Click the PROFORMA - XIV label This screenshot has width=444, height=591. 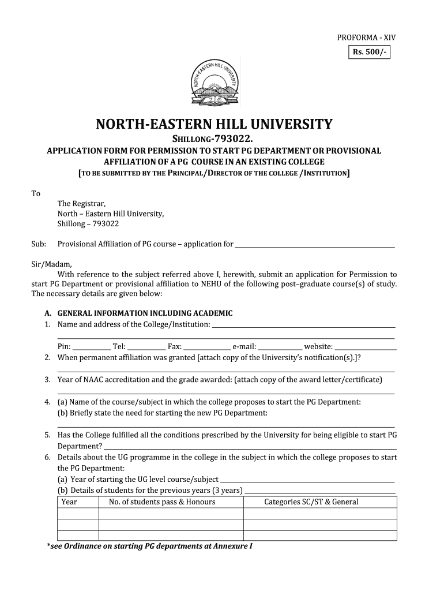click(x=366, y=38)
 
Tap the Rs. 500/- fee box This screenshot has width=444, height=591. click(x=367, y=54)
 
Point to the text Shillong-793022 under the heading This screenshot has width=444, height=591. click(x=214, y=139)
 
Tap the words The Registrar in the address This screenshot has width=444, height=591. click(x=81, y=203)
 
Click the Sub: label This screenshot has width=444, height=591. click(x=38, y=244)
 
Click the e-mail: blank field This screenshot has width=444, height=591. click(x=280, y=347)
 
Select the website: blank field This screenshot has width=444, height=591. click(x=366, y=347)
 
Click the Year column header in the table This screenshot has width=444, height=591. click(x=69, y=502)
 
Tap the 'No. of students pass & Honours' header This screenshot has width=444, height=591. click(x=162, y=502)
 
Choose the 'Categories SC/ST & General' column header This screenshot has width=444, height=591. click(x=311, y=502)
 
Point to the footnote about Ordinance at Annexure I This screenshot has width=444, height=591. click(x=149, y=546)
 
